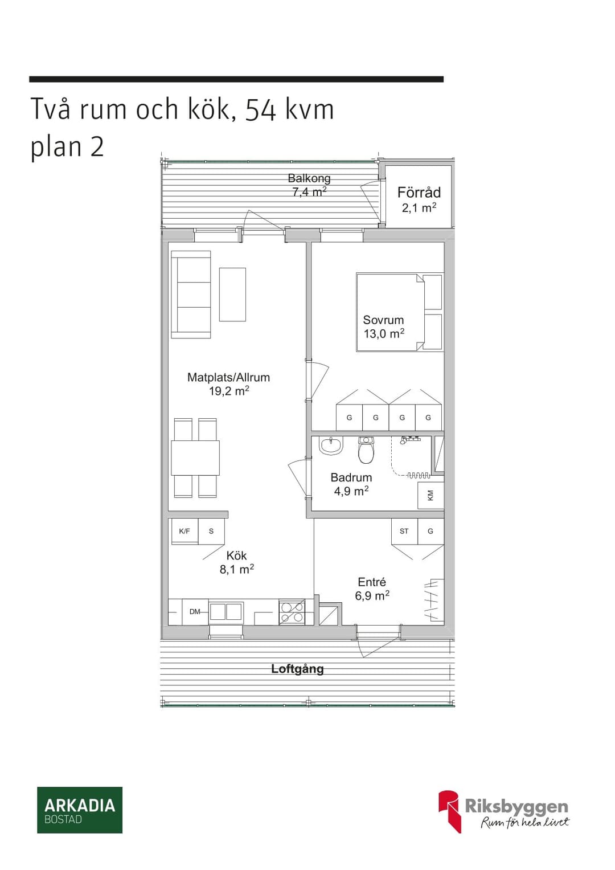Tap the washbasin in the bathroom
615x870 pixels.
(331, 446)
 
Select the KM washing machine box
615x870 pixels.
(430, 495)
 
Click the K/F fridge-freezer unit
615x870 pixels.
(185, 531)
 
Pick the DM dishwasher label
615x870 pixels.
(195, 612)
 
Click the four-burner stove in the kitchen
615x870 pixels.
(292, 612)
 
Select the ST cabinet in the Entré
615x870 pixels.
(404, 532)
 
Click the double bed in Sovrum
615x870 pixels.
(400, 312)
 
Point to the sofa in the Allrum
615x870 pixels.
(191, 295)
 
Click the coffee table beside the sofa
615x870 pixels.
(232, 295)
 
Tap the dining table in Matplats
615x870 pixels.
(195, 458)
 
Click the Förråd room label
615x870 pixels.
(419, 199)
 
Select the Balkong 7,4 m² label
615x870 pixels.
(309, 185)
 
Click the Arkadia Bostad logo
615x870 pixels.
(80, 810)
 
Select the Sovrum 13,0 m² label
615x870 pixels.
(384, 326)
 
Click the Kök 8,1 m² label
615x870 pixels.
(237, 562)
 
